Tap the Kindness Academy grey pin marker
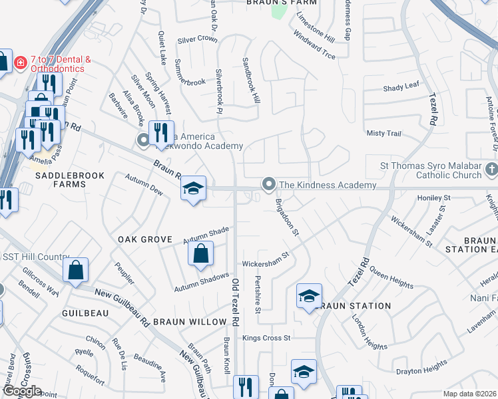coord(269,184)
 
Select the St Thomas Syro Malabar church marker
coord(491,170)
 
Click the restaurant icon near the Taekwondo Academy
coord(160,134)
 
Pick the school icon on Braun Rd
coord(193,190)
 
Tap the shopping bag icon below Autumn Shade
coord(201,254)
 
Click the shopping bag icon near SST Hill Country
coord(76,271)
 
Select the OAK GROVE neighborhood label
coord(145,239)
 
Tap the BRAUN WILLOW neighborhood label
coord(190,321)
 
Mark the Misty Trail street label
coord(384,133)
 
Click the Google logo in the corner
coord(22,391)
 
